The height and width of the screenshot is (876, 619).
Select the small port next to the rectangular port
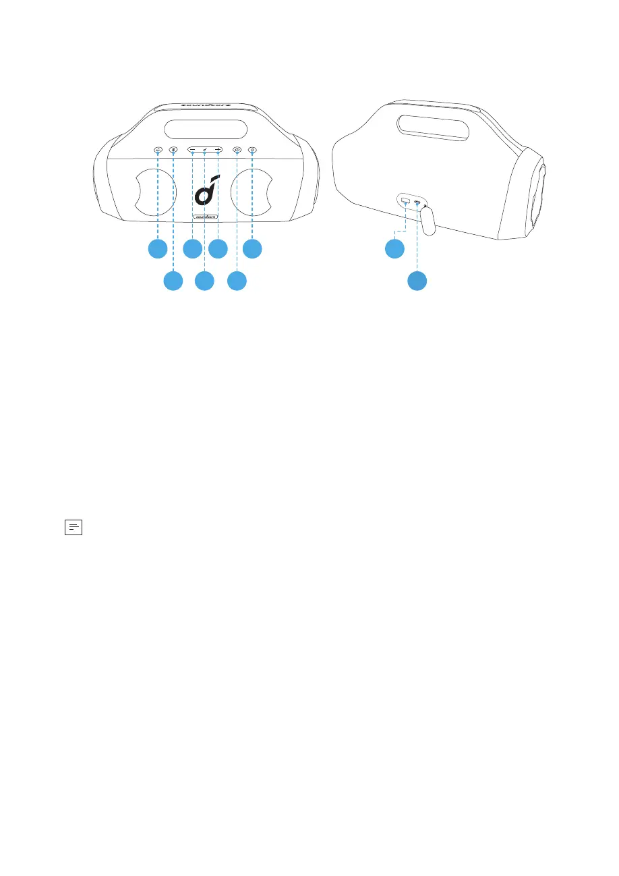[x=418, y=202]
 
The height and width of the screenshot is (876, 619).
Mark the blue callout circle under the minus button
[x=192, y=249]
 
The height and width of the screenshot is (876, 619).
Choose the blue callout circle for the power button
[x=237, y=280]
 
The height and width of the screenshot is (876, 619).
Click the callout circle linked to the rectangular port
[x=394, y=249]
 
